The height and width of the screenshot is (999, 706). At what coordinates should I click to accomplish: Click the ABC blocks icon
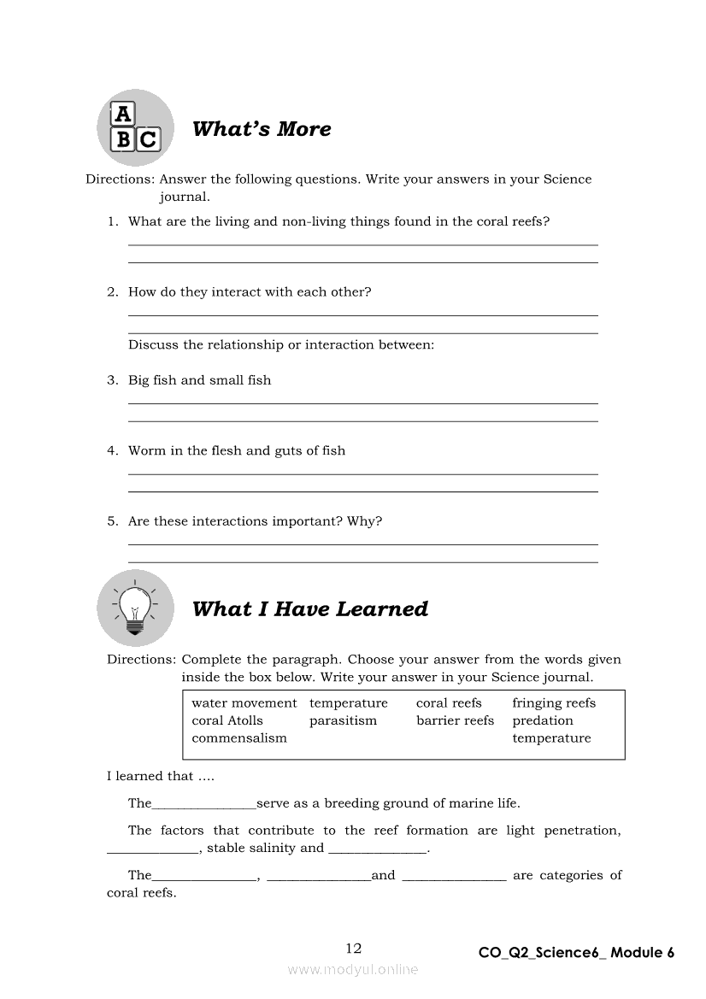click(x=135, y=128)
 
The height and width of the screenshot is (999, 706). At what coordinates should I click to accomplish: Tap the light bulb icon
click(x=135, y=608)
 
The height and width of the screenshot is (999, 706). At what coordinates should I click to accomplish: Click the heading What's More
click(x=262, y=129)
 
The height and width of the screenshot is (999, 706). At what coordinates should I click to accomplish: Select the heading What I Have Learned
click(x=310, y=609)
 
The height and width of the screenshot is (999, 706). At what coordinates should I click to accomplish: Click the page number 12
click(x=354, y=948)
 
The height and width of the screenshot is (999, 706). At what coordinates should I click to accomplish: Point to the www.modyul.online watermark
click(x=353, y=969)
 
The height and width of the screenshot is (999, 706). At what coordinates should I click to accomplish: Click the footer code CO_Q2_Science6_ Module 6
click(x=576, y=953)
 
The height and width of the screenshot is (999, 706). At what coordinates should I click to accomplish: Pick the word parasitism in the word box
click(x=343, y=720)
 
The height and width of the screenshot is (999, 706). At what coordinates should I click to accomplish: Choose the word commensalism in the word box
click(x=239, y=738)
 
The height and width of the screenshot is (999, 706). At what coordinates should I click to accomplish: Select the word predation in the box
click(x=543, y=720)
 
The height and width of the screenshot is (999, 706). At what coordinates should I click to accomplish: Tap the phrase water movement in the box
click(x=244, y=703)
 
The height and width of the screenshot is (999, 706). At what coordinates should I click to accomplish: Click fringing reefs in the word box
click(x=554, y=703)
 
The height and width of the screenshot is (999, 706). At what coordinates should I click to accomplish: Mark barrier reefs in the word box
click(x=455, y=720)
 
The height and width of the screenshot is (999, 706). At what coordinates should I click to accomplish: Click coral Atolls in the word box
click(x=227, y=720)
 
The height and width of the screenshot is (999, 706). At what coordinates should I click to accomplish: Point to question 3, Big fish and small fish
click(x=199, y=380)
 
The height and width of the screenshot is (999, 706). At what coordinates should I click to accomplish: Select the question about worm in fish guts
click(x=237, y=450)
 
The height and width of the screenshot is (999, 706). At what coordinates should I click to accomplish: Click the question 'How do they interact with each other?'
click(x=250, y=291)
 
